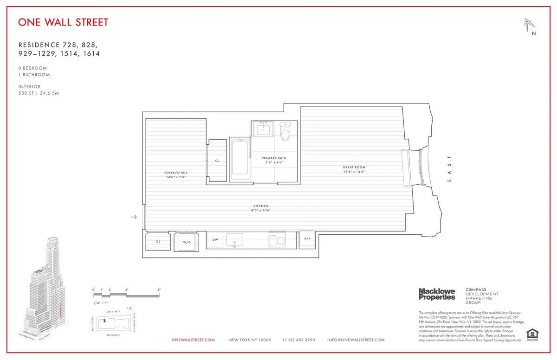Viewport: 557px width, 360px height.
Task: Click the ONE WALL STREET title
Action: point(63,22)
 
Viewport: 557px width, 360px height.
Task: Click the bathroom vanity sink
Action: point(266,129)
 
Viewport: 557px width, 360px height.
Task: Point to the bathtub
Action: point(240,158)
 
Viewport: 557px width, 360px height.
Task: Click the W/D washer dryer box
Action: point(186,242)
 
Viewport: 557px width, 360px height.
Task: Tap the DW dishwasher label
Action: point(215,240)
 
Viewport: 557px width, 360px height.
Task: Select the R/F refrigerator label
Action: point(307,238)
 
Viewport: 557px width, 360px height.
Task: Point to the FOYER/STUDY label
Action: point(176,173)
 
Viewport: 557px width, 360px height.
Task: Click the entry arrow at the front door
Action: point(134,217)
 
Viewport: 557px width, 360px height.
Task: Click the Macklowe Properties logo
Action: point(437,294)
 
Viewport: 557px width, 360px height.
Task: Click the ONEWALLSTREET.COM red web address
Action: point(193,340)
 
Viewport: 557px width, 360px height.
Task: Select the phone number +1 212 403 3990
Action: point(298,340)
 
